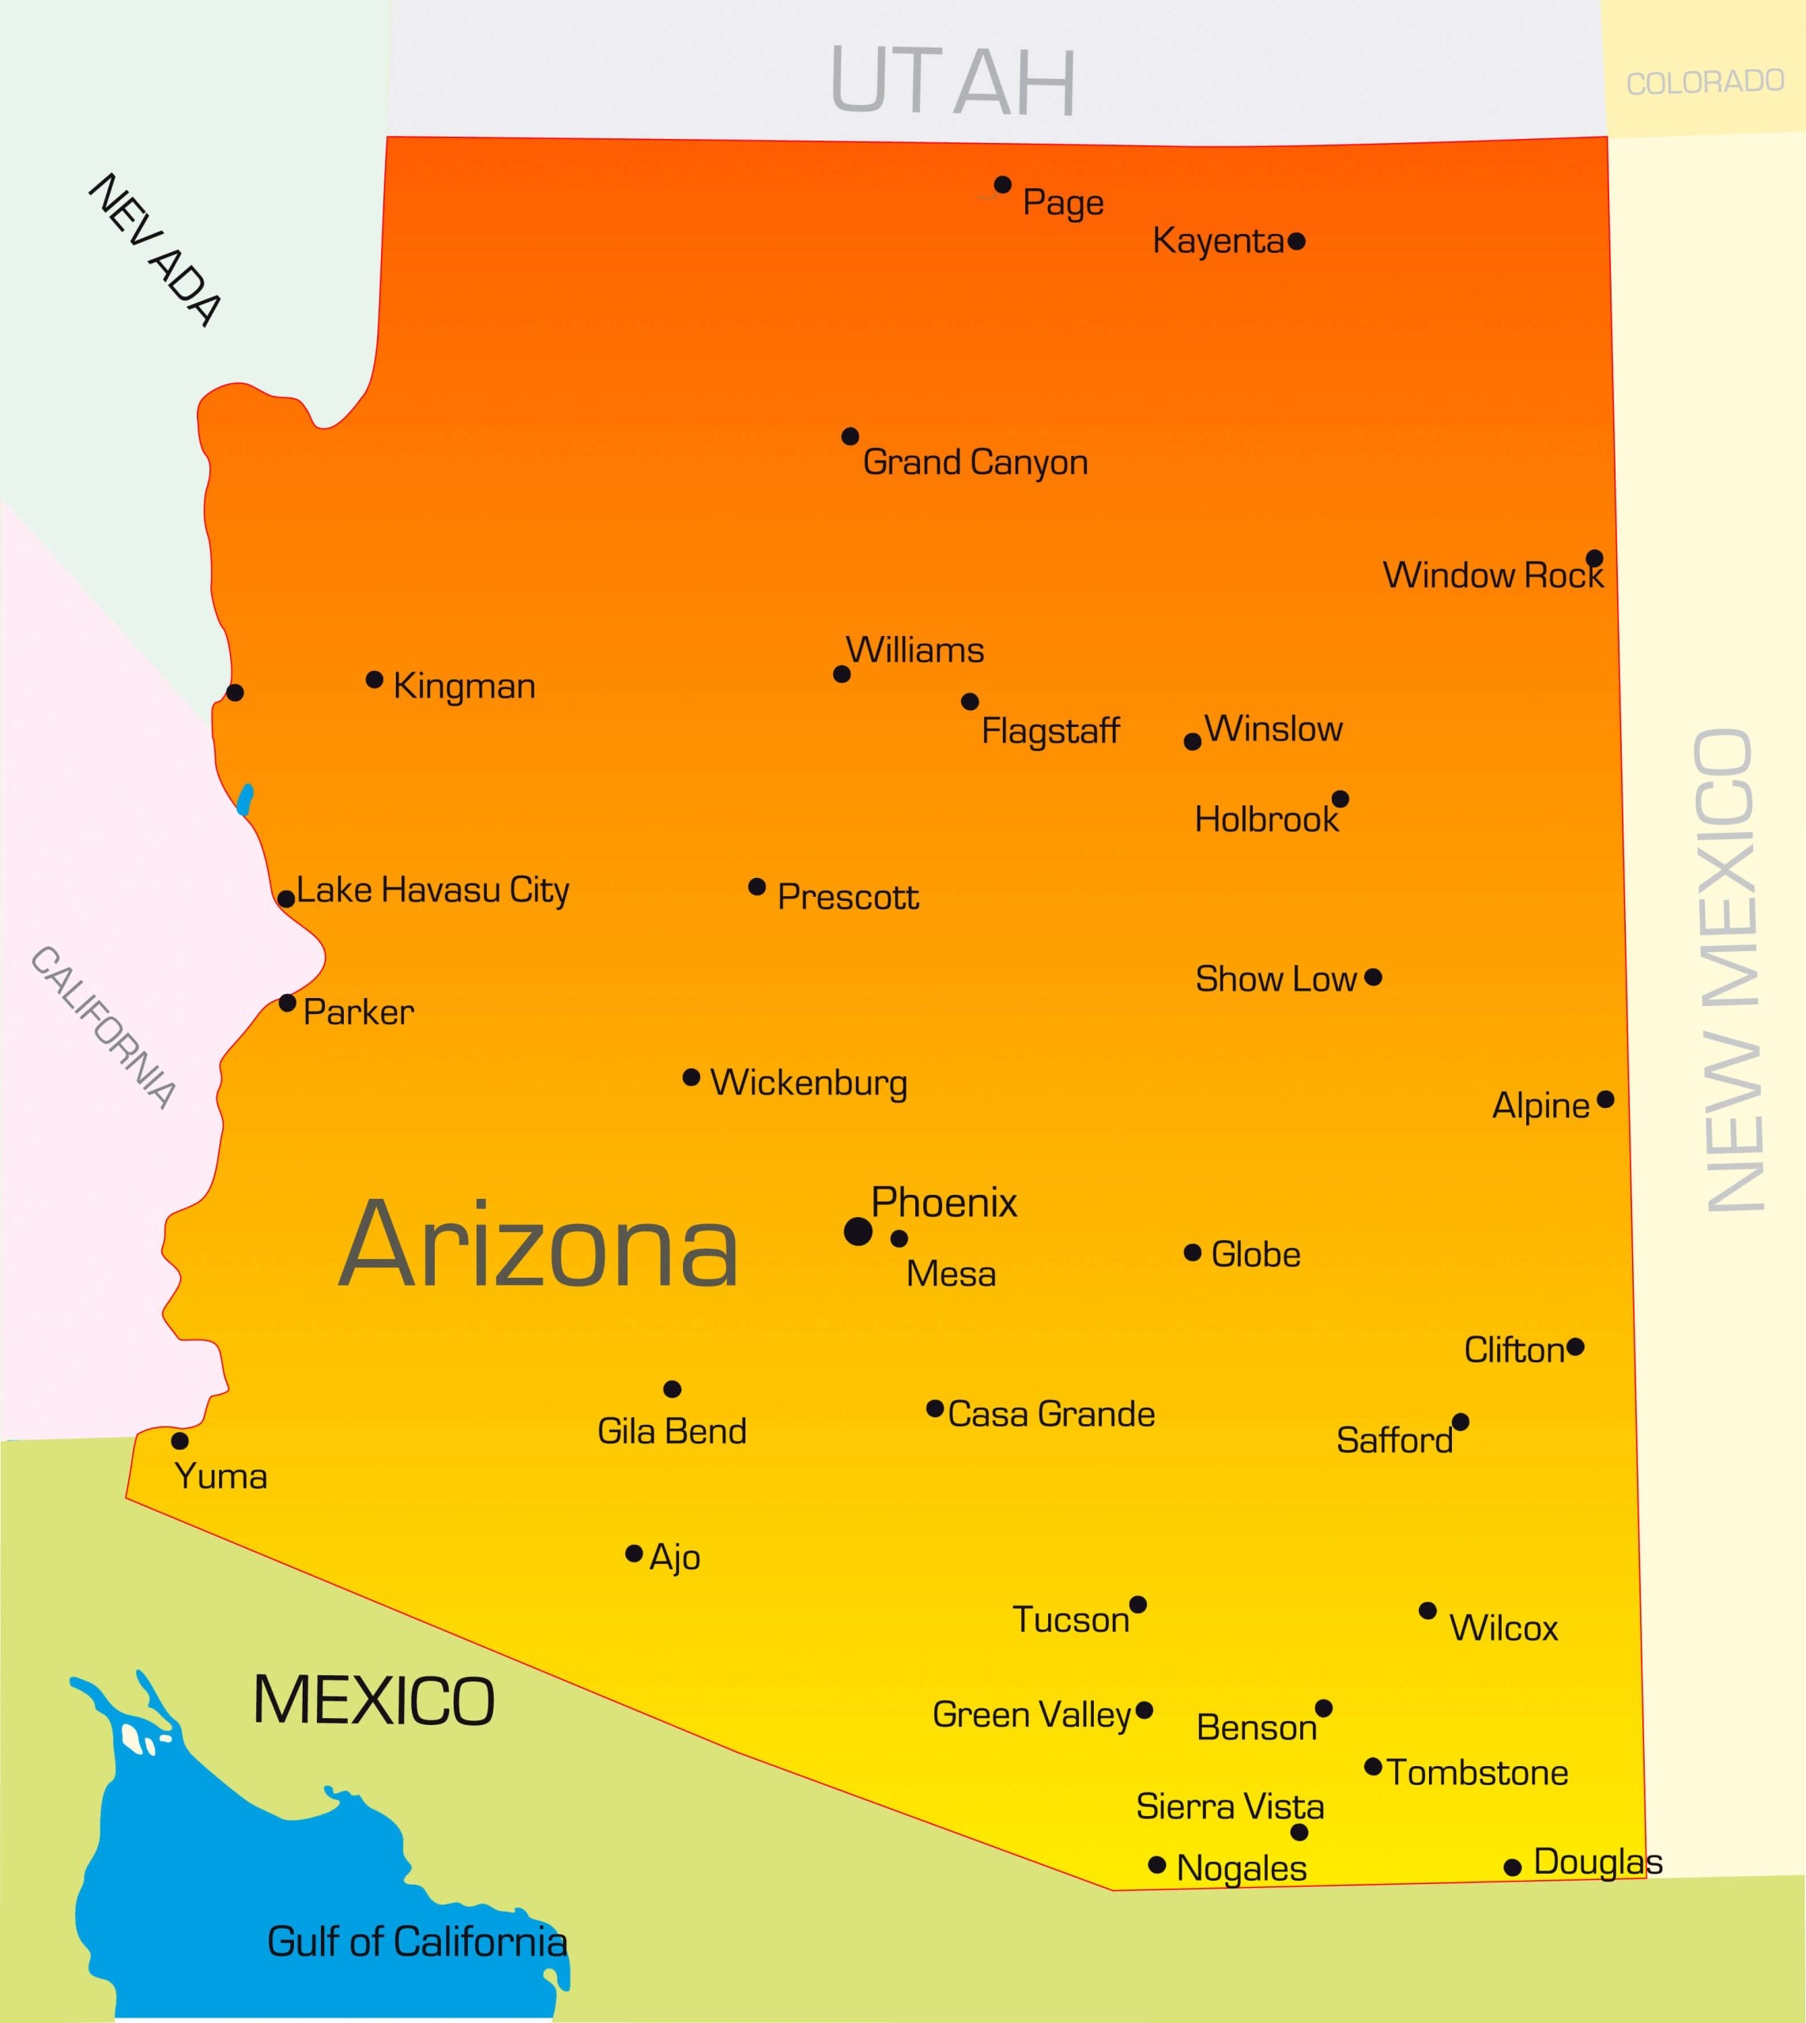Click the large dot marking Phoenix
858,1231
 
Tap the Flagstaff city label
1050,731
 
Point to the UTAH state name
952,81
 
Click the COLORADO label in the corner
1705,82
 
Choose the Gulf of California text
417,1942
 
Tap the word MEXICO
373,1701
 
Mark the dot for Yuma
179,1441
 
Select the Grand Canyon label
975,462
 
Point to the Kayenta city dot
1296,241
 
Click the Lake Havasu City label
432,890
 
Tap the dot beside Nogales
1156,1865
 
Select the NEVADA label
156,249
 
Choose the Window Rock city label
1492,575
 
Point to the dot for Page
1002,185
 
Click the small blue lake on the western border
245,799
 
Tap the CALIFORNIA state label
104,1026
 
